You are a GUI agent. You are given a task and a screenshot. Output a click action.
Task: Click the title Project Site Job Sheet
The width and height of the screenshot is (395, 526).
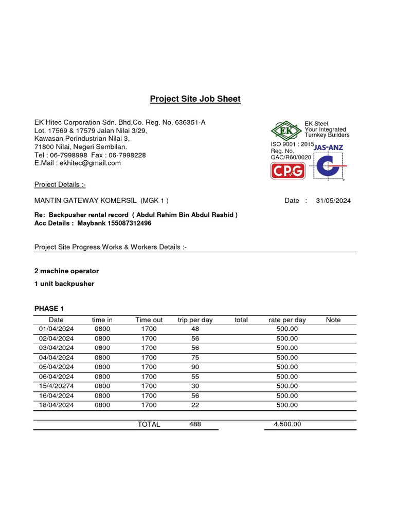click(x=195, y=99)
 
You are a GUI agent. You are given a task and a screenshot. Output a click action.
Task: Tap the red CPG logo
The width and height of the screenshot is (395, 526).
click(x=288, y=171)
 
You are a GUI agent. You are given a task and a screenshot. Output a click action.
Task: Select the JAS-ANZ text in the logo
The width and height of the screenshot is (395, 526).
click(x=328, y=147)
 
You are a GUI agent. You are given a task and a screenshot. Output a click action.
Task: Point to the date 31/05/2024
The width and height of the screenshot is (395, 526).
click(x=333, y=201)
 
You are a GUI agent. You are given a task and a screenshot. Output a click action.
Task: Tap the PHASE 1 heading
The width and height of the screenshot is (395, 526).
click(x=49, y=308)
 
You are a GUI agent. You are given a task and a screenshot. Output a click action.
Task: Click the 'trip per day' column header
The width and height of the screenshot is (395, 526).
click(x=195, y=320)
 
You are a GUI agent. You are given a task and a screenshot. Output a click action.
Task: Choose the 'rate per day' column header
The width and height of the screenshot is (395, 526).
click(x=287, y=320)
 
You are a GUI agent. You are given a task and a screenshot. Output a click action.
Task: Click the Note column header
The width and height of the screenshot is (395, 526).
click(x=333, y=320)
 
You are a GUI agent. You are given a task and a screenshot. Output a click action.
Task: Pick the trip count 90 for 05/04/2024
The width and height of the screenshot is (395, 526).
click(x=195, y=367)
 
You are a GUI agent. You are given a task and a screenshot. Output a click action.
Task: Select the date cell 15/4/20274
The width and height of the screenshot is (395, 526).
click(x=57, y=386)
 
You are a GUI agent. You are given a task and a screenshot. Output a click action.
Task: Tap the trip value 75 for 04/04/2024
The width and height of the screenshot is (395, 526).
click(x=195, y=358)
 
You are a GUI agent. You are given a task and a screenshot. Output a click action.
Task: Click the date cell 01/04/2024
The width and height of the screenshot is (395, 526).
click(x=57, y=329)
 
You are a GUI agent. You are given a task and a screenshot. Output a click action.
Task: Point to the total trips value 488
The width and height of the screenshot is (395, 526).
click(x=195, y=424)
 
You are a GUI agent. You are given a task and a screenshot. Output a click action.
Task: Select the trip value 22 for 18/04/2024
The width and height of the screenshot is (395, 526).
click(x=195, y=405)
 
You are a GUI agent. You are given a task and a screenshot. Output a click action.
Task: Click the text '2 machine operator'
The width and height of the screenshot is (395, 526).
click(x=66, y=271)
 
